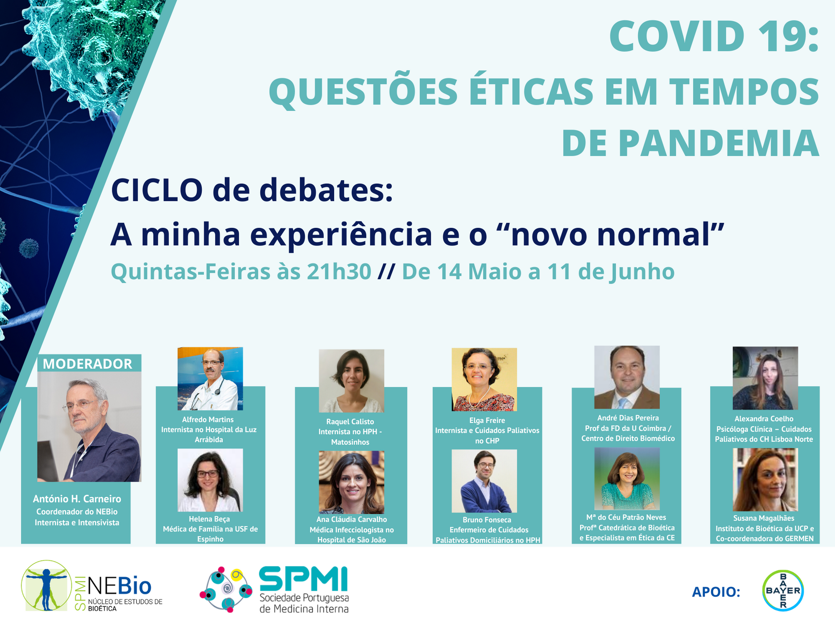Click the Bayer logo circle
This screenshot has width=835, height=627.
(x=783, y=591)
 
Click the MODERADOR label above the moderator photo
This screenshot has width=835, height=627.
(x=87, y=364)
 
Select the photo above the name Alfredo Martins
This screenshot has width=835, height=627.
(x=210, y=378)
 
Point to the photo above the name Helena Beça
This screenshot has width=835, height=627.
(x=210, y=480)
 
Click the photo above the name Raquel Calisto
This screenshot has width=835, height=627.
(x=351, y=381)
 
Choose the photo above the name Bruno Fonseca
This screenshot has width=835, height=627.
(x=484, y=481)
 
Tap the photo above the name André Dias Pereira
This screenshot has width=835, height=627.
(x=627, y=377)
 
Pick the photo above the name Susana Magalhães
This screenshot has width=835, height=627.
(x=765, y=479)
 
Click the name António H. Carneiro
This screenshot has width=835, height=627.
(x=77, y=499)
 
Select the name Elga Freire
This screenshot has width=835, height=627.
(x=487, y=421)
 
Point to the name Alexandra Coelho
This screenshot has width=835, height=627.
(x=764, y=419)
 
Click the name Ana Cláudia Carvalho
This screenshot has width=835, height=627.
(x=352, y=520)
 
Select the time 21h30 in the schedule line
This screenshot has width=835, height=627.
(x=339, y=272)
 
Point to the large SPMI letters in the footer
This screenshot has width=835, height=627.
(x=303, y=579)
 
